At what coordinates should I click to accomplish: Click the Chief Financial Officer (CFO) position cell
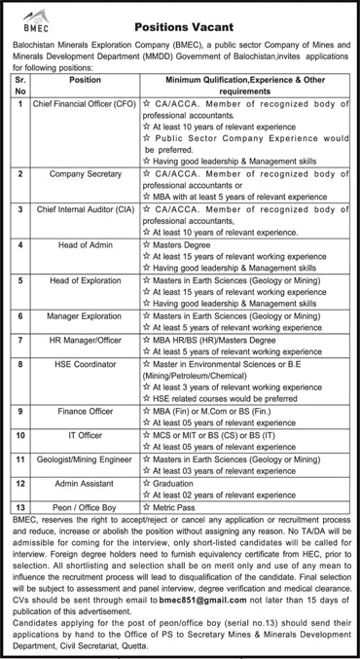pos(84,102)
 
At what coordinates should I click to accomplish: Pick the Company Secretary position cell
pos(84,171)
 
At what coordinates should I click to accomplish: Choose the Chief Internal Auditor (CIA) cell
pos(84,208)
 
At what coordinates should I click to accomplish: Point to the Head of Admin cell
pos(84,245)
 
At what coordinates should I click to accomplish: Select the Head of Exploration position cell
pos(84,280)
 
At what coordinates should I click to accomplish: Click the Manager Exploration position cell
pos(84,316)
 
